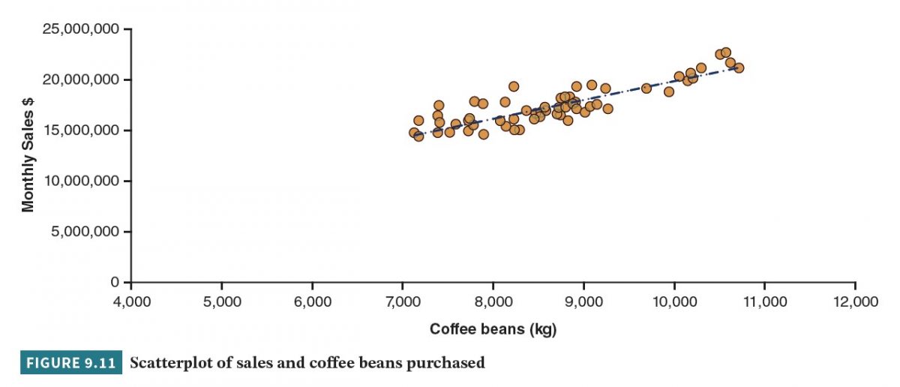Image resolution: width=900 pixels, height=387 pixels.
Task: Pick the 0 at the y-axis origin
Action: click(115, 282)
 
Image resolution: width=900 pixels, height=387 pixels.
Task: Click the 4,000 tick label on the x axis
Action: click(131, 301)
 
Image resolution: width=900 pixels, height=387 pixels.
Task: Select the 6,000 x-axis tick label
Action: click(312, 301)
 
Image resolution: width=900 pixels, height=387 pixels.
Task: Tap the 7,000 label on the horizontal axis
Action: click(403, 301)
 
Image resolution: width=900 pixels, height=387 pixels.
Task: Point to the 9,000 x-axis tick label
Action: click(583, 301)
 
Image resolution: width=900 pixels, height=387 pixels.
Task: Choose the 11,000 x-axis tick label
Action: click(764, 301)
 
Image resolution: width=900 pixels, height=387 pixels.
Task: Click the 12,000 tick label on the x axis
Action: click(855, 301)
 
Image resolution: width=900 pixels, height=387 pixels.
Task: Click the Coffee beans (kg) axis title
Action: click(493, 329)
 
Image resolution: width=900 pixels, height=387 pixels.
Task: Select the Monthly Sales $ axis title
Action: click(28, 156)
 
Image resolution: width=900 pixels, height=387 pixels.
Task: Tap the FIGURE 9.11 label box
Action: click(71, 364)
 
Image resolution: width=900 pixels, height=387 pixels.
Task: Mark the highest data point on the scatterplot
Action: click(725, 52)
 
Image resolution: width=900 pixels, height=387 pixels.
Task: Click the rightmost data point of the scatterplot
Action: click(739, 67)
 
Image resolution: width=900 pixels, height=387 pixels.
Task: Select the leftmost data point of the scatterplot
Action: click(414, 133)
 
